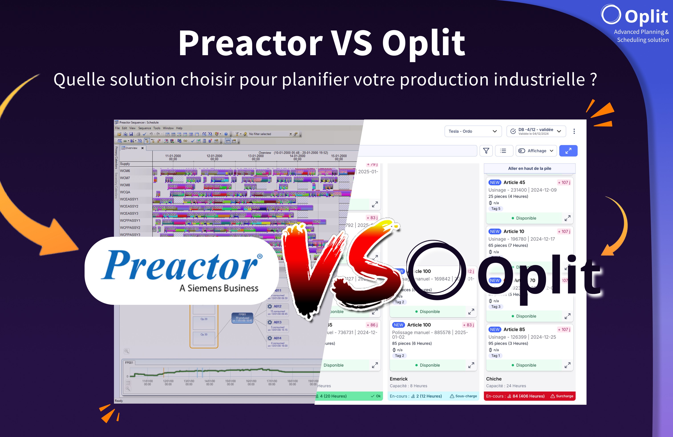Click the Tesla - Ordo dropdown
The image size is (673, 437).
click(473, 131)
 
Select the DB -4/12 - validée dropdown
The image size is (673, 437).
click(536, 131)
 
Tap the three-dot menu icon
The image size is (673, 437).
click(574, 131)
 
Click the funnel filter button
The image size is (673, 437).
click(486, 151)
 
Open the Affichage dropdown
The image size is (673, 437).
click(536, 151)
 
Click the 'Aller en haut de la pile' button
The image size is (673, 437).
click(529, 168)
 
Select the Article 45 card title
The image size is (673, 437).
click(514, 182)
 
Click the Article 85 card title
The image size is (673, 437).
click(514, 329)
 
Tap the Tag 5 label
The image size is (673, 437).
click(495, 209)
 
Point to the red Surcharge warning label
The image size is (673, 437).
click(562, 396)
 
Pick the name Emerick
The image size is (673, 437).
click(398, 379)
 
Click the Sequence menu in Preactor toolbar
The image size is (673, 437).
click(144, 128)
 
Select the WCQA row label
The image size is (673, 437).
click(125, 192)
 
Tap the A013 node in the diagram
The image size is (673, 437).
click(277, 322)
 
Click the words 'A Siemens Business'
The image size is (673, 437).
click(219, 288)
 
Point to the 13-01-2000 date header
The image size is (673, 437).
click(256, 157)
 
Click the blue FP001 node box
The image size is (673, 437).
click(242, 318)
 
